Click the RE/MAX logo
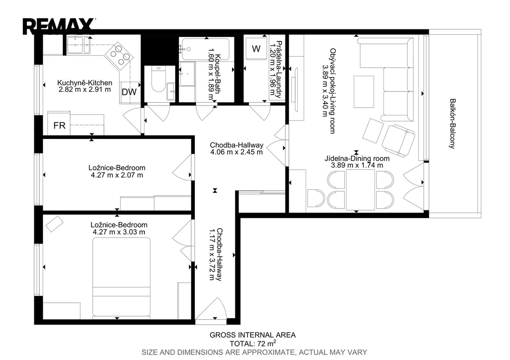pos(59,26)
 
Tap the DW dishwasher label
pos(129,92)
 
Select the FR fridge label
pos(60,125)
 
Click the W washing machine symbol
pos(256,49)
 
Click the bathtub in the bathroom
pos(205,49)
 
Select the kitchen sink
pos(79,44)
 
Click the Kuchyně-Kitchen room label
pos(85,83)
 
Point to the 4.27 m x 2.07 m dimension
pos(117,175)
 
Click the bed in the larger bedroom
pos(122,277)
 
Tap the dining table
pos(361,190)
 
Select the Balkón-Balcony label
pos(452,123)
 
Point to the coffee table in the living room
pos(364,92)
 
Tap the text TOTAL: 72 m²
pos(253,343)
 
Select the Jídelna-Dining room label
pos(357,158)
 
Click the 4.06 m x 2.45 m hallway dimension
pos(237,152)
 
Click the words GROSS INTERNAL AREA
pos(253,335)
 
